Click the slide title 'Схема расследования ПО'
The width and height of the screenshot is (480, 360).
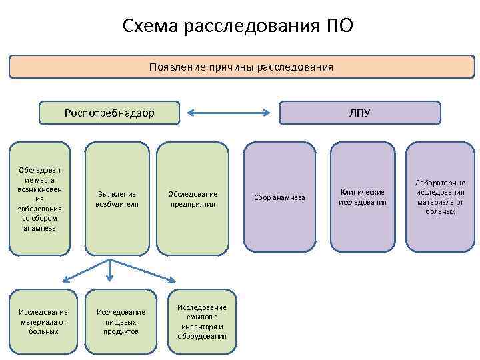click(x=238, y=27)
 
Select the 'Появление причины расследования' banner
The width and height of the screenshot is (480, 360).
click(x=241, y=67)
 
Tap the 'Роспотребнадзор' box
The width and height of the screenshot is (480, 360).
click(x=109, y=113)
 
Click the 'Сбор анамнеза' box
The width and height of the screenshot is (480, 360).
click(x=279, y=197)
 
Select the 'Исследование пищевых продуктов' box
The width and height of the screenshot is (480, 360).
click(x=121, y=321)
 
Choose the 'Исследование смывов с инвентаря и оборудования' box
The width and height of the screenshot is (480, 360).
click(x=202, y=321)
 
